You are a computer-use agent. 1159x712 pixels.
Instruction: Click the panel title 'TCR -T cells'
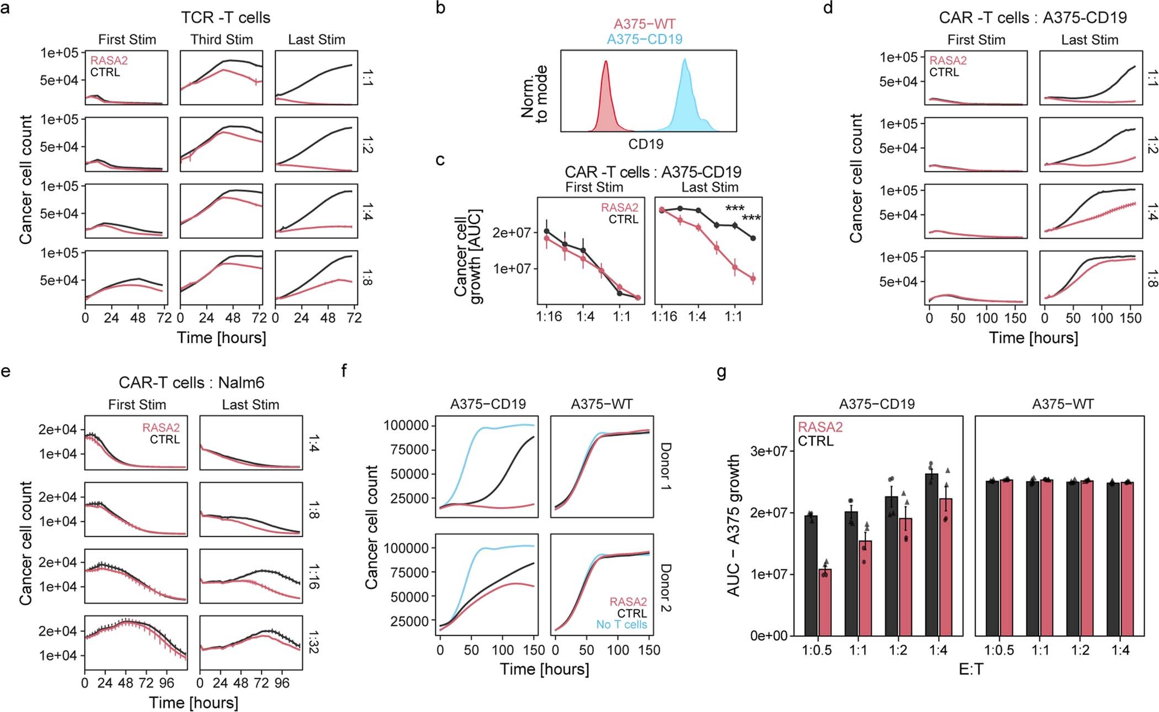click(225, 18)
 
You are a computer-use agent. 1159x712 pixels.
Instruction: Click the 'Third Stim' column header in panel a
click(222, 40)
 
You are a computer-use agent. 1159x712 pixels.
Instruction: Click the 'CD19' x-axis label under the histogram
click(645, 144)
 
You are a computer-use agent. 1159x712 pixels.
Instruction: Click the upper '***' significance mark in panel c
click(735, 209)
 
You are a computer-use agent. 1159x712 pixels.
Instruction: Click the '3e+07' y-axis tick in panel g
click(768, 451)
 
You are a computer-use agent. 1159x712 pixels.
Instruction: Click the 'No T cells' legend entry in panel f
click(621, 625)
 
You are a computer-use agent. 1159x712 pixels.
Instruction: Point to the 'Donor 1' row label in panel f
click(666, 467)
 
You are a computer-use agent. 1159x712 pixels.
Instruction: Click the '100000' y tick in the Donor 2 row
click(406, 548)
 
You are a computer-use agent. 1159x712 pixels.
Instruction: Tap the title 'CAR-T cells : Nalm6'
click(191, 383)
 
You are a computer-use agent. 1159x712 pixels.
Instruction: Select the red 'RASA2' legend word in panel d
click(948, 60)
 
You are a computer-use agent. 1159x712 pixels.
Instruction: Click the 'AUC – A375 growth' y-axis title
click(734, 525)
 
